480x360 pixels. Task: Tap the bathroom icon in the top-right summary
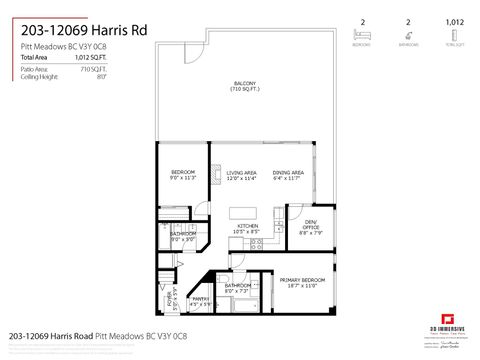(407, 33)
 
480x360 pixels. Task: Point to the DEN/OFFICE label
(310, 224)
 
